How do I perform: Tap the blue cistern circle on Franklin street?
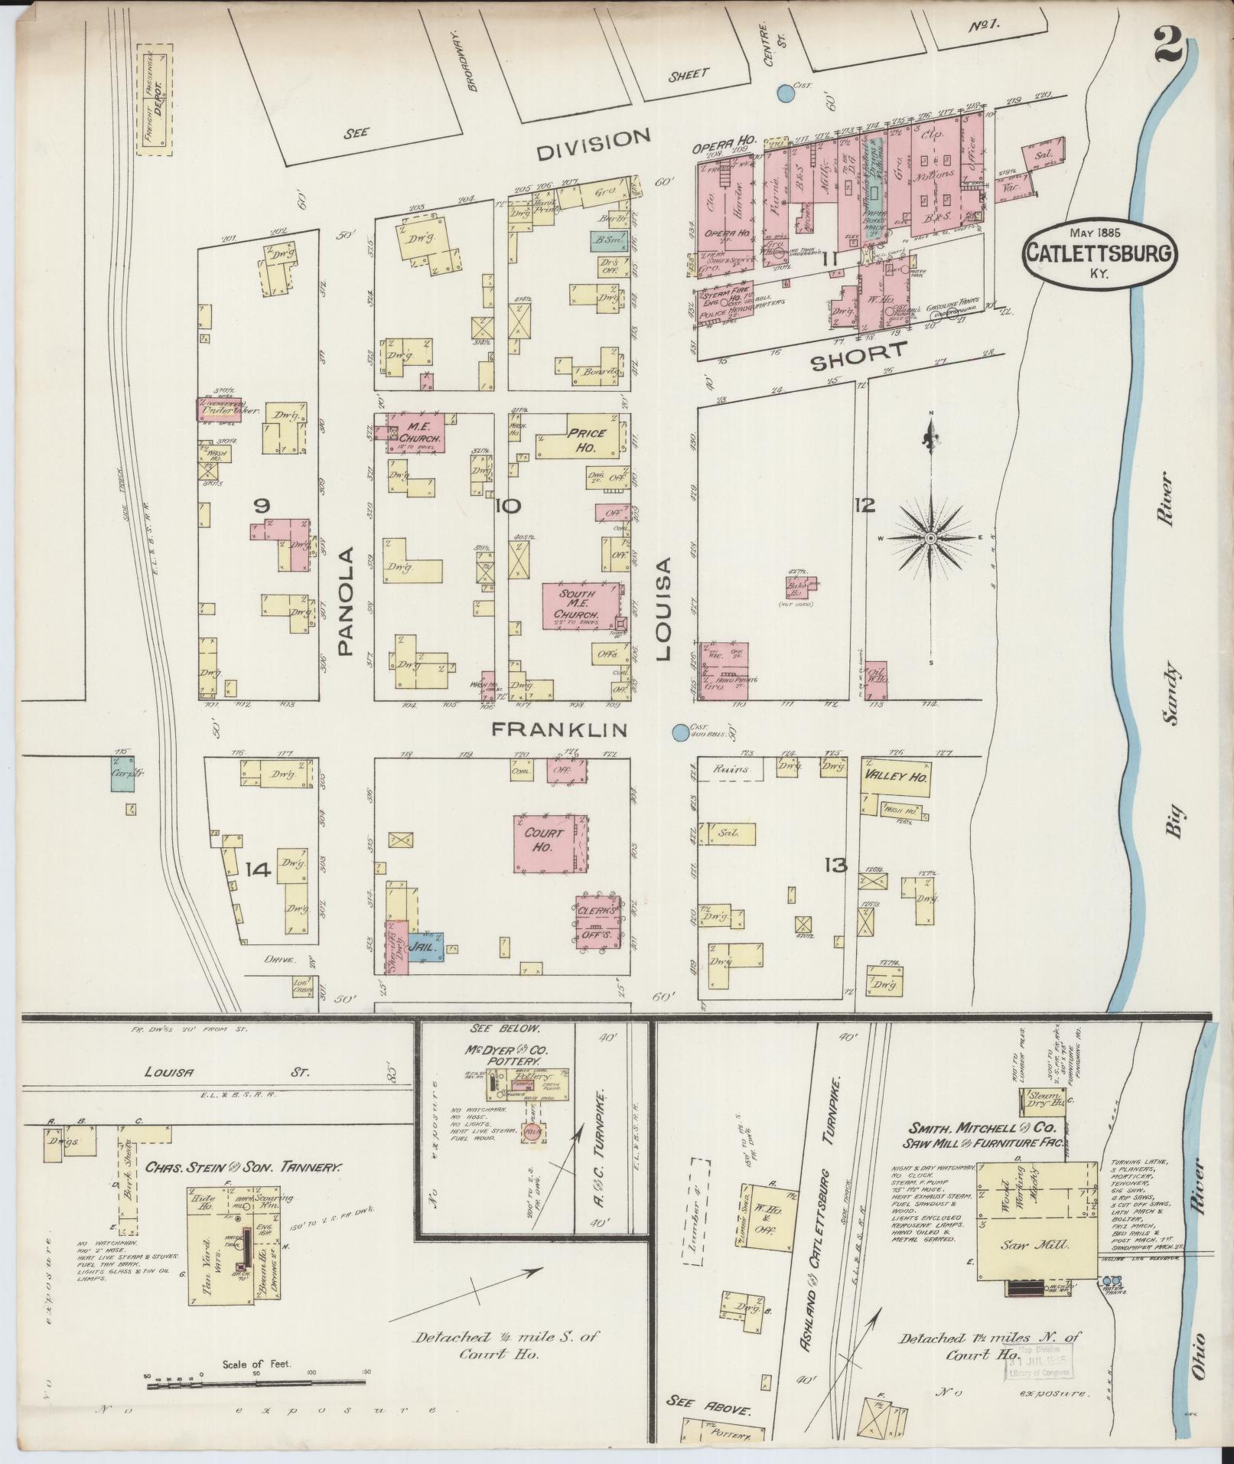(679, 732)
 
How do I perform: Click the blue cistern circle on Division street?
(784, 93)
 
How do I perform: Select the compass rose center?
(930, 539)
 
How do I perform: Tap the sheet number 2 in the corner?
(1169, 47)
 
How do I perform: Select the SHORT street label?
(858, 357)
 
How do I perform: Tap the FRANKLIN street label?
(558, 729)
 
